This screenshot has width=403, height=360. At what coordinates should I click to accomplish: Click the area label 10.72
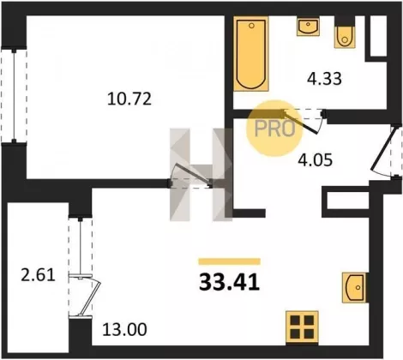click(x=129, y=99)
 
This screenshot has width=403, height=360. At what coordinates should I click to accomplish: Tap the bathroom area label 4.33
click(x=324, y=79)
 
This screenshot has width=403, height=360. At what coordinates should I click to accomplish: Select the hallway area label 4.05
click(x=315, y=160)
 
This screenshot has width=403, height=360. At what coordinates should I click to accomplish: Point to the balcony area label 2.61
click(x=38, y=276)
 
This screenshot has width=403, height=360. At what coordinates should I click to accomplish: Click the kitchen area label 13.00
click(x=124, y=329)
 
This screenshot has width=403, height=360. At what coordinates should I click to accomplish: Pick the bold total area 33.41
click(x=229, y=282)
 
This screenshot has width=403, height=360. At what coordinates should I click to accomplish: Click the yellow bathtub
click(x=251, y=54)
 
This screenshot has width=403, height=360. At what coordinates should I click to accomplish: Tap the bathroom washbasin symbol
click(x=308, y=26)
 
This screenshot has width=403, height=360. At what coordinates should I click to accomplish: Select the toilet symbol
click(x=345, y=35)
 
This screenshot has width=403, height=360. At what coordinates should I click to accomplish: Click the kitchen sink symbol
click(x=354, y=287)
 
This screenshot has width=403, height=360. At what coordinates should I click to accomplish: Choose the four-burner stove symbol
click(x=302, y=327)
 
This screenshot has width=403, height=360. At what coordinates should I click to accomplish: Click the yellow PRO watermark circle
click(x=274, y=128)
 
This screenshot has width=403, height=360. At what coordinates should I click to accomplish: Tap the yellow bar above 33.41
click(x=230, y=261)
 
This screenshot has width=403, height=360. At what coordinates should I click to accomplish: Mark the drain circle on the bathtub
click(x=251, y=26)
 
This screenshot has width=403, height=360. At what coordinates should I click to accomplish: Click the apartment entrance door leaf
click(x=382, y=148)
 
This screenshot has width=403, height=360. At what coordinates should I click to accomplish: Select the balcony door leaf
click(x=90, y=297)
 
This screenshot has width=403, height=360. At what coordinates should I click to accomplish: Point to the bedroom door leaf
click(x=193, y=174)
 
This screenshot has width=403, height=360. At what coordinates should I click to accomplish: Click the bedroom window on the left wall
click(x=14, y=96)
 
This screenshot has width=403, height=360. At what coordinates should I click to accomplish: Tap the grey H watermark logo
click(x=201, y=175)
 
